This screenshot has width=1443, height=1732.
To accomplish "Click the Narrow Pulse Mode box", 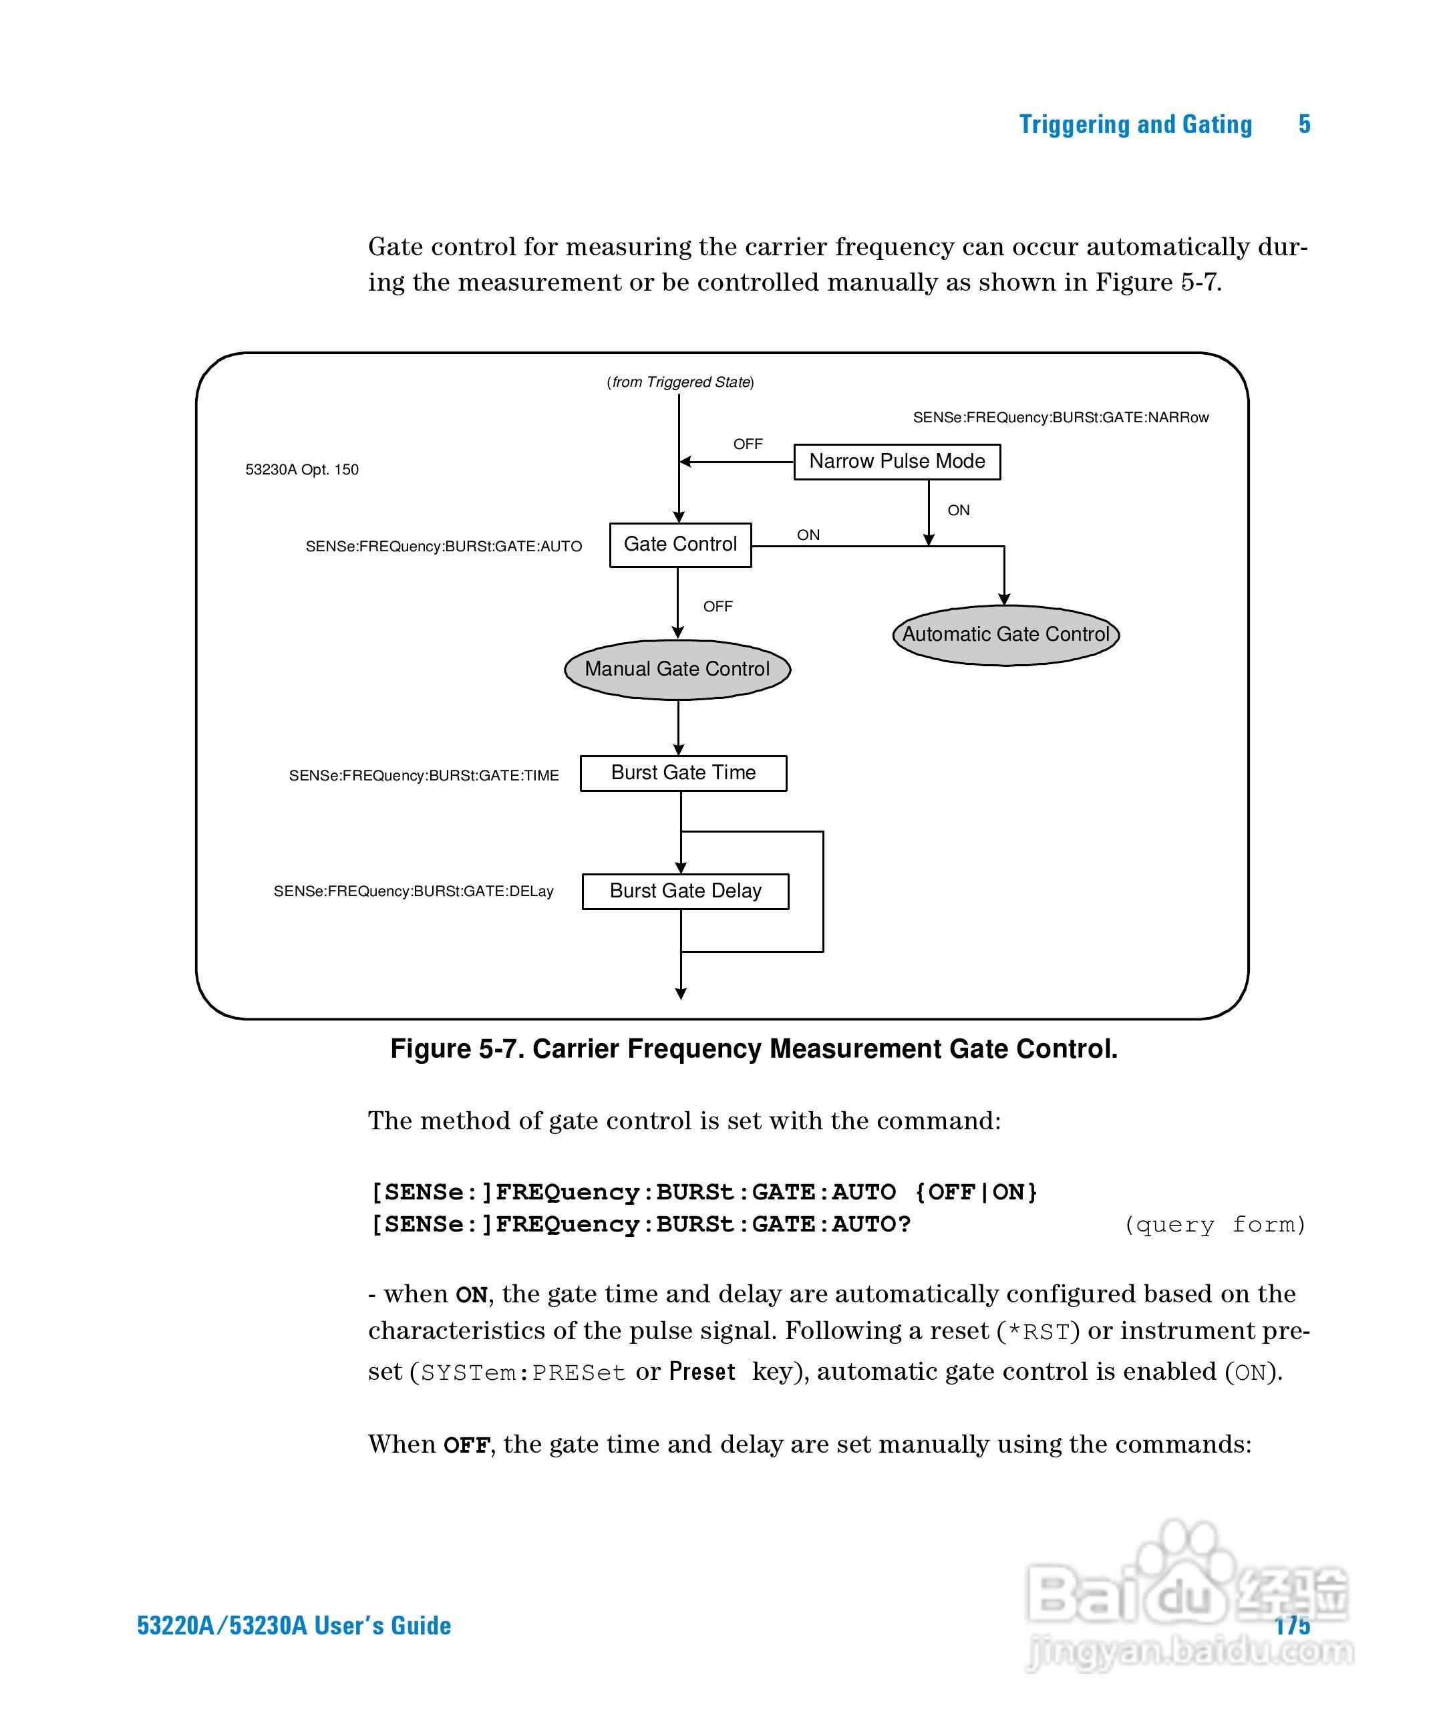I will [897, 461].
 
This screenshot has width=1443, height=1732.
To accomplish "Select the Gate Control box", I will [680, 545].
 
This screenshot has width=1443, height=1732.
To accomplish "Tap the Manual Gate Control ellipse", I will [677, 669].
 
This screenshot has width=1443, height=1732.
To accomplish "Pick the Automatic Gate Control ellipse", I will [1005, 634].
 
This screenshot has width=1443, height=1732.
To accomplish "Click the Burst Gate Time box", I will [683, 773].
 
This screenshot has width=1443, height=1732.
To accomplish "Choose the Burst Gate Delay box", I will [685, 891].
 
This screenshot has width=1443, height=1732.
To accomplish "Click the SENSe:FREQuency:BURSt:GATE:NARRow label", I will [1060, 418].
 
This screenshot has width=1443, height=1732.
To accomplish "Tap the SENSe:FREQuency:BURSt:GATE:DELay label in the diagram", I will [413, 891].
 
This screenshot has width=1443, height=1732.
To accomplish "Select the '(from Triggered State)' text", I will [680, 382].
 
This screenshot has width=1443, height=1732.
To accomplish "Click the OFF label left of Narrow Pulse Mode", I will [748, 444].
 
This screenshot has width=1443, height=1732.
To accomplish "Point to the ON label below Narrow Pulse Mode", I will [958, 510].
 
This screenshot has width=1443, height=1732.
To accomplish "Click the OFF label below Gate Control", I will [717, 606].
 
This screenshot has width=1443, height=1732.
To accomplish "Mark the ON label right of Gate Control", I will [808, 535].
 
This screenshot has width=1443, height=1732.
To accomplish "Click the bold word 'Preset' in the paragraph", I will [701, 1372].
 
